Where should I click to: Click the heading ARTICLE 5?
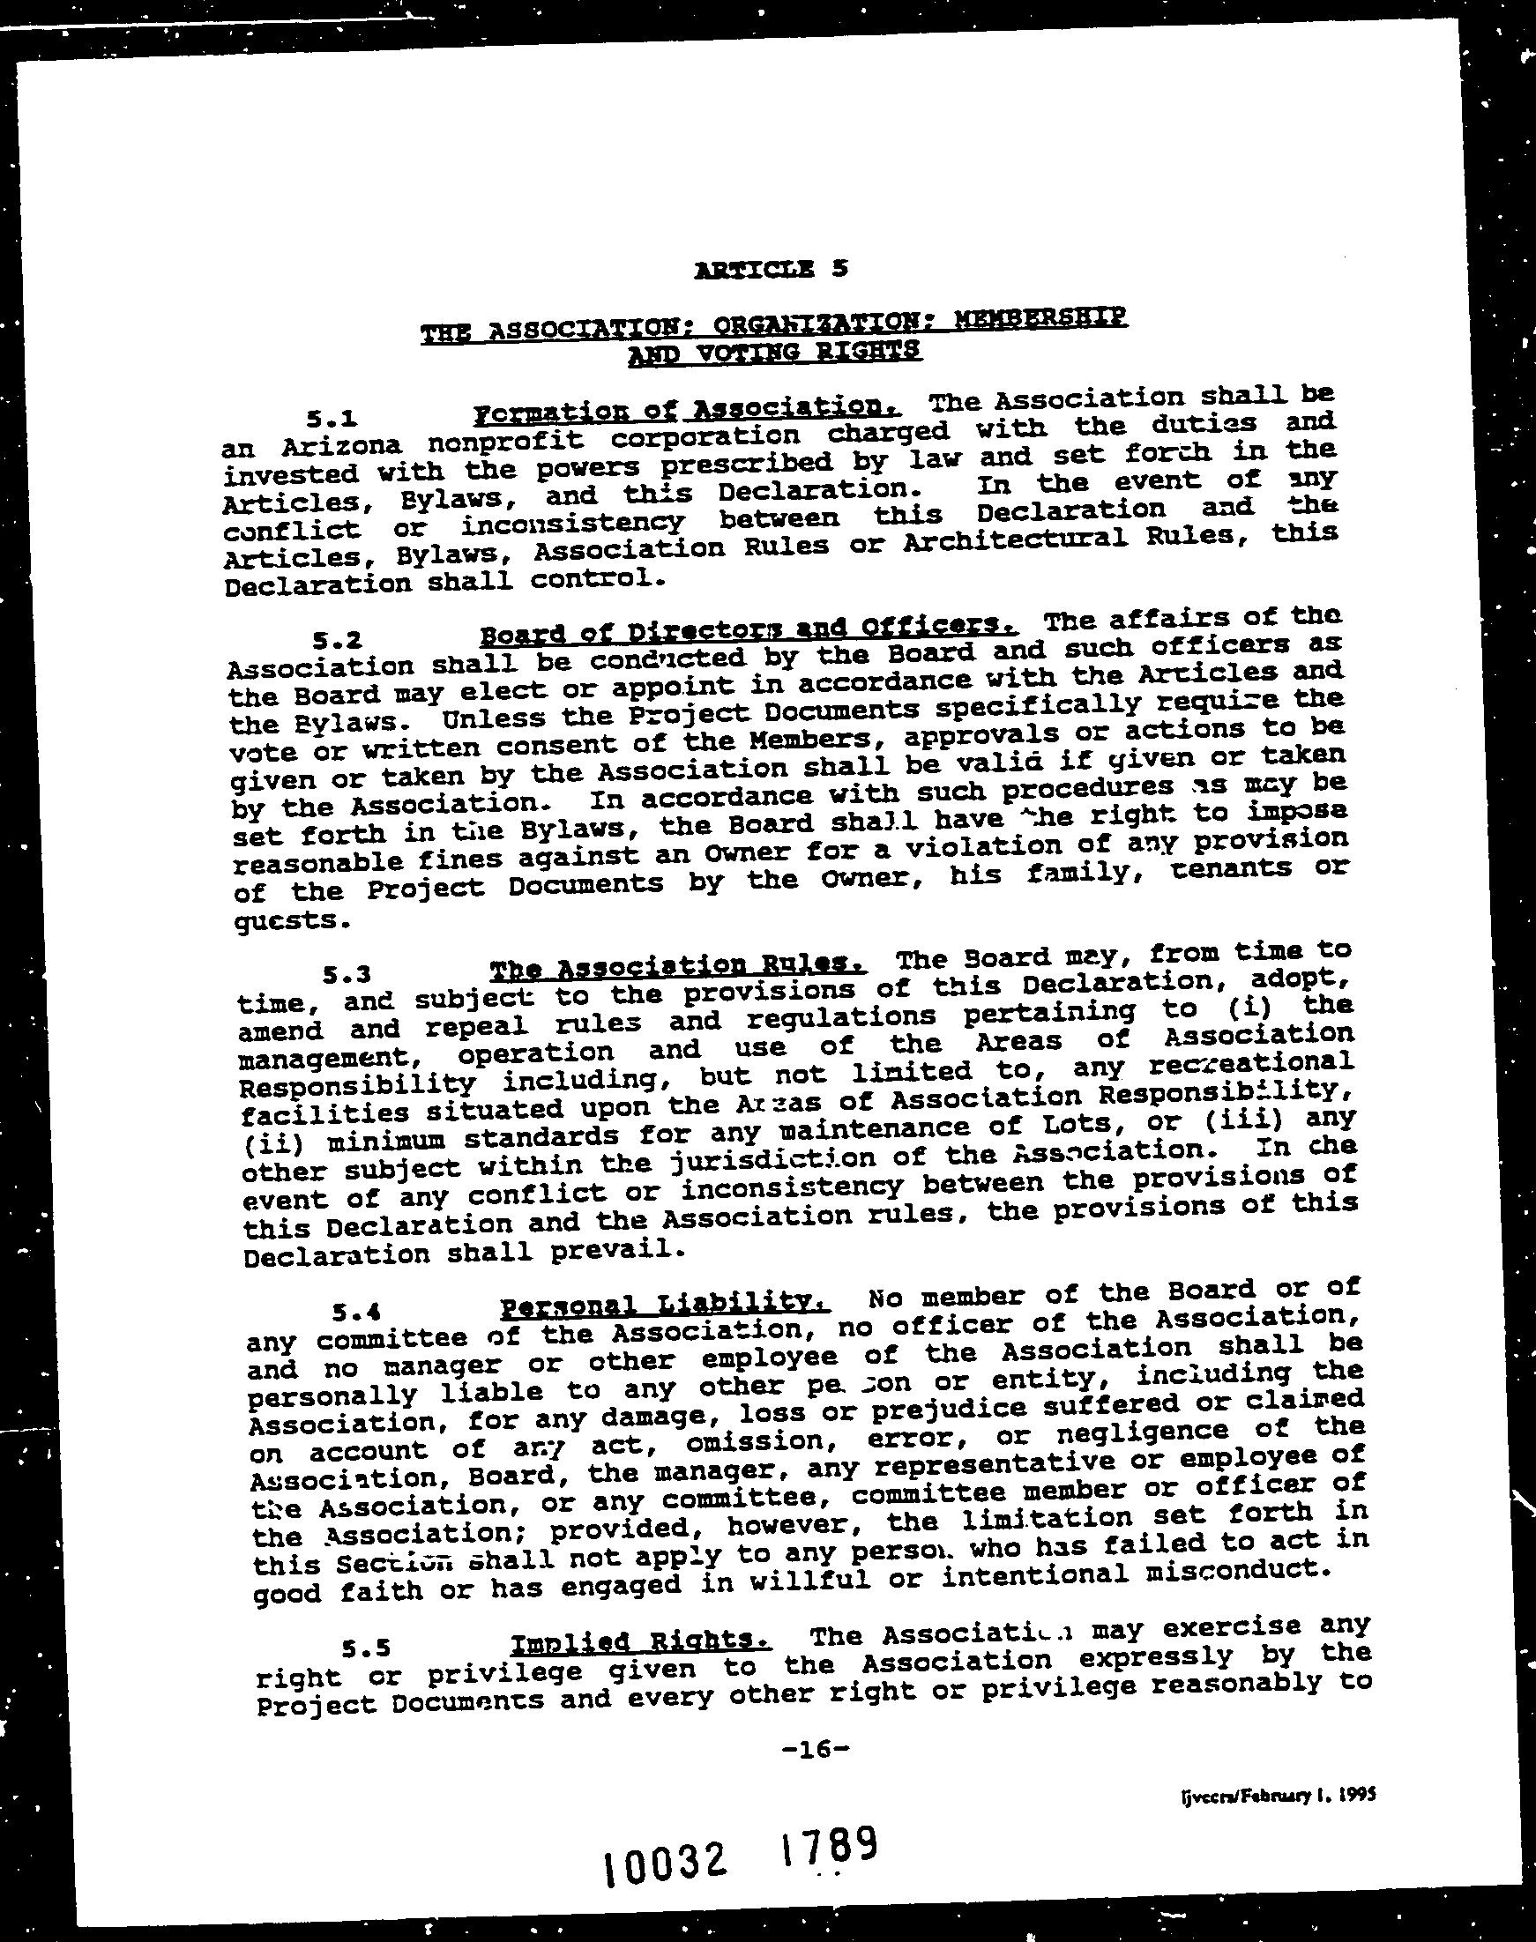(771, 269)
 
